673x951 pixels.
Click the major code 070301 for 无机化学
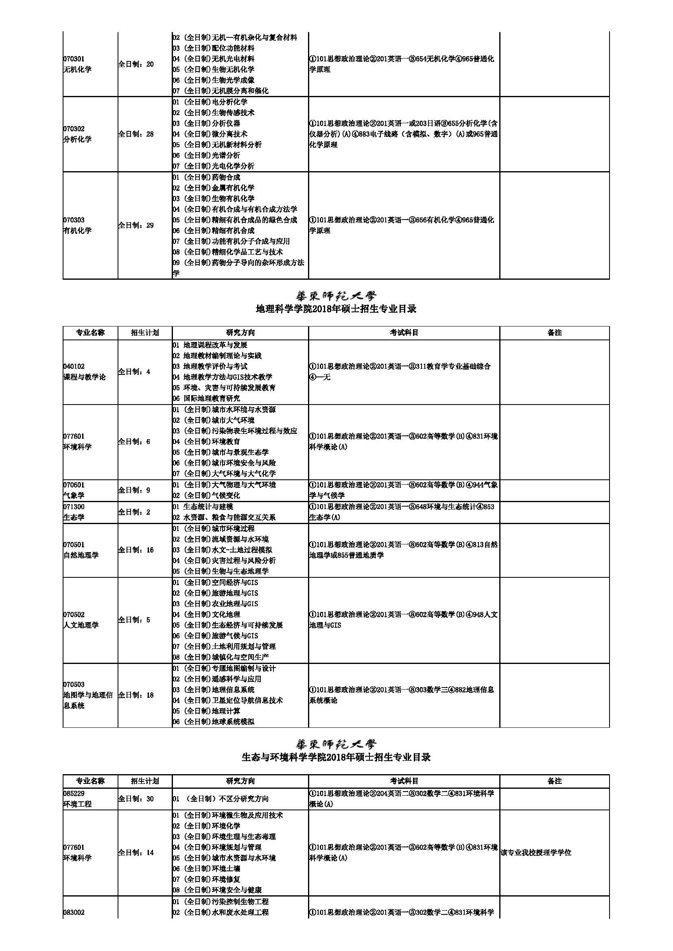click(74, 59)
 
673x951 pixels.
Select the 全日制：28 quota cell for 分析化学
click(136, 134)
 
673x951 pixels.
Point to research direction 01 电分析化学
click(210, 102)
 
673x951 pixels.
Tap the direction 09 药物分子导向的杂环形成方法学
click(238, 268)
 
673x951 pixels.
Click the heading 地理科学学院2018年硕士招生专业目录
click(336, 309)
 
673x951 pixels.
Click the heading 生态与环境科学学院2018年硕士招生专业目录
click(336, 757)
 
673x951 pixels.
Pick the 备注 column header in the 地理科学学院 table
click(554, 333)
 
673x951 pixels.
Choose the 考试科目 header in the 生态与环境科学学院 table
click(404, 781)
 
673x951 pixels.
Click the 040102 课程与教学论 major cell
click(84, 372)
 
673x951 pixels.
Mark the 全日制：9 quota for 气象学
click(134, 490)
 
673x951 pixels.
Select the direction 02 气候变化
click(206, 495)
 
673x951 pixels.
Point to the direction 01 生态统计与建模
click(203, 507)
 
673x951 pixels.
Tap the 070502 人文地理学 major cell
click(81, 620)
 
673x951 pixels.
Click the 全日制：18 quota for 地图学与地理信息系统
click(136, 695)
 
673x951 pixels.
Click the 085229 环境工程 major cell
click(77, 799)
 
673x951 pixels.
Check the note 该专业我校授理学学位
click(536, 853)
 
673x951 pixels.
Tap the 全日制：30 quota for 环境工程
click(136, 799)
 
